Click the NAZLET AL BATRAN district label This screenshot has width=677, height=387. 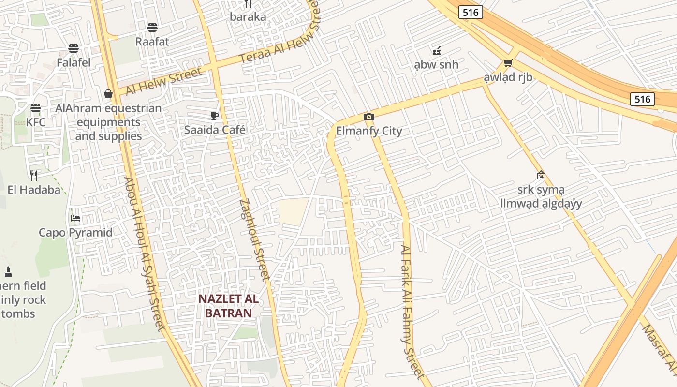228,306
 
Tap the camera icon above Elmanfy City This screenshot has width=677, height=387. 369,117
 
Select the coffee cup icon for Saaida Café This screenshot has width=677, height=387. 215,115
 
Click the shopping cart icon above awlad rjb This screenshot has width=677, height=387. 508,63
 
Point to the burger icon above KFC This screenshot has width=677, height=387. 36,107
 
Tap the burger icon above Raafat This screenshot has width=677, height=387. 152,27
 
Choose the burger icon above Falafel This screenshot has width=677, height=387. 74,48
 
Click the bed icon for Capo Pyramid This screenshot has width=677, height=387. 75,218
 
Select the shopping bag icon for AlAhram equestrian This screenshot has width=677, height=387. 108,93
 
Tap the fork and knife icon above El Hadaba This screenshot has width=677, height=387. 34,175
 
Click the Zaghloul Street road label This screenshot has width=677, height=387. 254,239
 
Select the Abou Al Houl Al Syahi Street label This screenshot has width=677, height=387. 145,254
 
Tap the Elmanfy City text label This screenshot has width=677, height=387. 369,131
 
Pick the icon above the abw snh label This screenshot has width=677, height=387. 436,50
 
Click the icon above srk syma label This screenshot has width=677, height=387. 541,175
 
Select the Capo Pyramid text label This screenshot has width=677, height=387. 75,233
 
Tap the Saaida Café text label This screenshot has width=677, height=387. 215,130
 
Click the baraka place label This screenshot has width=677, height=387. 248,17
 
